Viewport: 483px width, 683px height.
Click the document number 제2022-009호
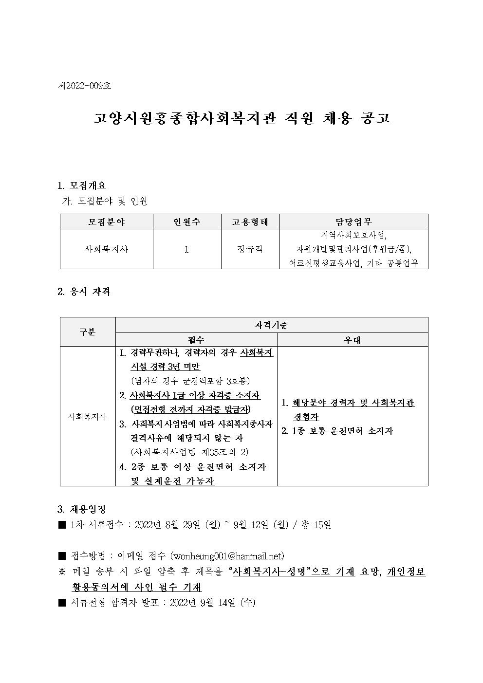84,86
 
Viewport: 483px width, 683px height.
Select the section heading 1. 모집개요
82,185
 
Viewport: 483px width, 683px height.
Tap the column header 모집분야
106,222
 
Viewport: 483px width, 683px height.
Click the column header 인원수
187,222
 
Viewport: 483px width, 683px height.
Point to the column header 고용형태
250,222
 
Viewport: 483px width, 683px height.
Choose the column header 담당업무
353,222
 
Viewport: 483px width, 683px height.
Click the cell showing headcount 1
187,249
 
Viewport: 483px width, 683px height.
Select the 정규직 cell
250,249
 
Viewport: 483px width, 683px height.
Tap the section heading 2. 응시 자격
84,292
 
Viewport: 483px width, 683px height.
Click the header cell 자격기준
271,325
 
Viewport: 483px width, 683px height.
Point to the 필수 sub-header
196,340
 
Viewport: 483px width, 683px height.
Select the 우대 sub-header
353,340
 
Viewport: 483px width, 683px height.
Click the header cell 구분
88,332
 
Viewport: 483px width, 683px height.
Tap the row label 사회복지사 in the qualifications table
88,417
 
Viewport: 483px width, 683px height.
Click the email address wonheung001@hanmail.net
227,556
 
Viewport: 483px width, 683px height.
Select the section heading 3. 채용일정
82,510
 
